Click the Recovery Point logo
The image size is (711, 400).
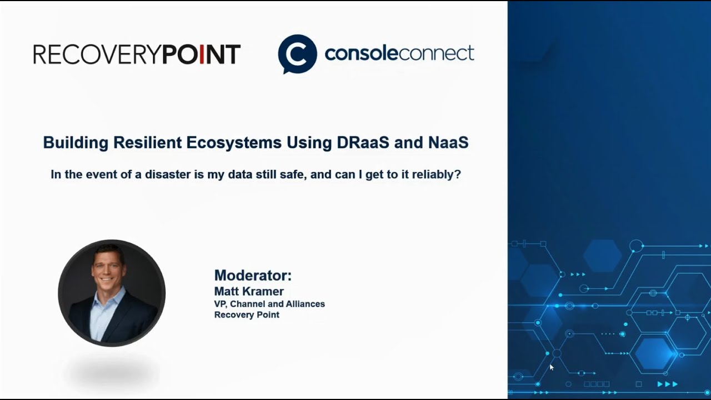pos(137,54)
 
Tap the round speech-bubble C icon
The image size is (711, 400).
pos(297,54)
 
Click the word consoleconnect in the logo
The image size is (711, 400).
pos(399,54)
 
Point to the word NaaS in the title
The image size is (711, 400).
pos(448,143)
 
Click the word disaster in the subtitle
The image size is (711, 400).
pos(168,174)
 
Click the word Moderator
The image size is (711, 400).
pos(253,276)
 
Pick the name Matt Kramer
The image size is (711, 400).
pos(249,291)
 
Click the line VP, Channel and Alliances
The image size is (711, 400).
pos(269,304)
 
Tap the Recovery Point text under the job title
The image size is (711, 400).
pos(247,314)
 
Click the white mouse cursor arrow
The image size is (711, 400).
pos(551,367)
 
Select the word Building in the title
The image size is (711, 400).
pos(76,143)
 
